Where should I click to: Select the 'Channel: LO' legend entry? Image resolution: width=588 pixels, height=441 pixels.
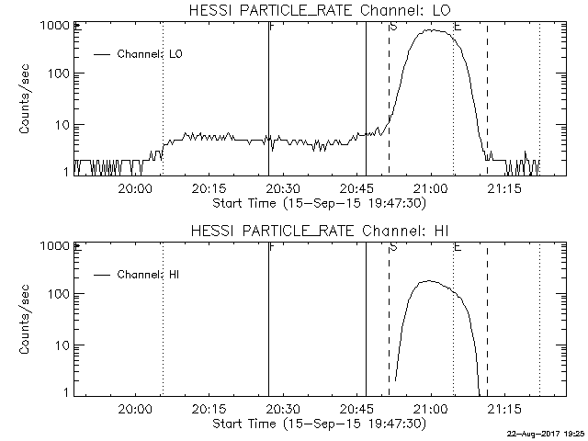pyautogui.click(x=151, y=54)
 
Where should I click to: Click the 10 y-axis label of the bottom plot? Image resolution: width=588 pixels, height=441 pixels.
pyautogui.click(x=62, y=345)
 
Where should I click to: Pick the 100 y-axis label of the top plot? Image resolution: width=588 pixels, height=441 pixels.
pyautogui.click(x=59, y=73)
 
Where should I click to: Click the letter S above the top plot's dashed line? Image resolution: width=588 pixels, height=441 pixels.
pyautogui.click(x=392, y=26)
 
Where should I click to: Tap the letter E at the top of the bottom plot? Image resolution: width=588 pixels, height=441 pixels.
pyautogui.click(x=457, y=246)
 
